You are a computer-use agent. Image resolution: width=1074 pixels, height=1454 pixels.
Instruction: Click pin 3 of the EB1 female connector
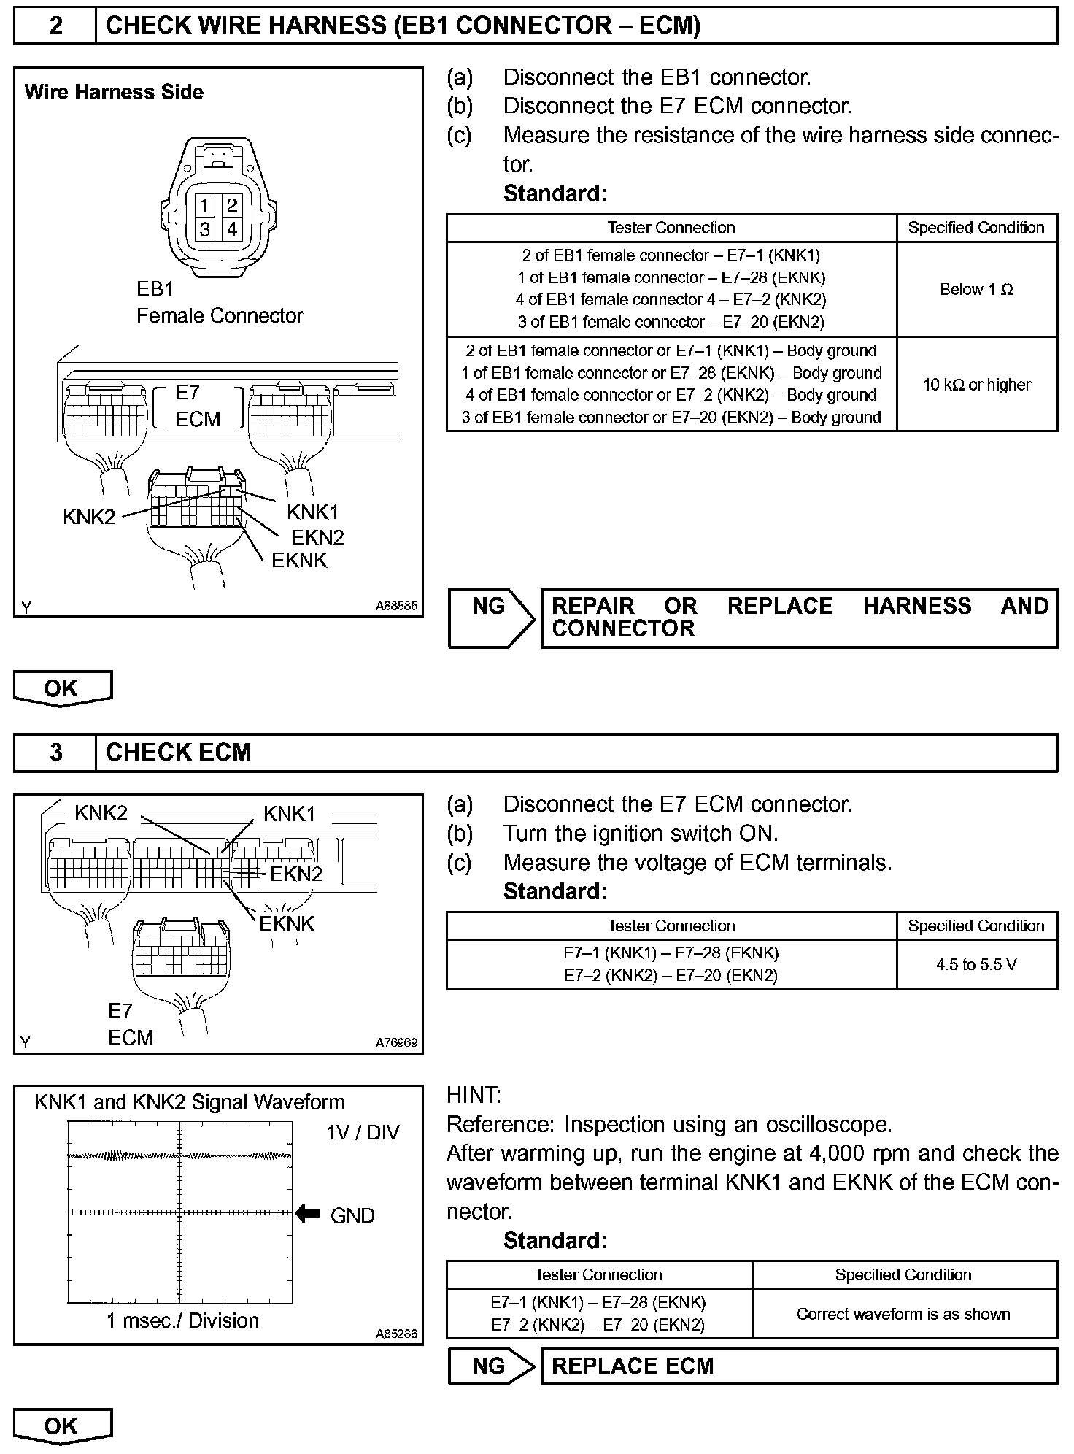[x=205, y=229]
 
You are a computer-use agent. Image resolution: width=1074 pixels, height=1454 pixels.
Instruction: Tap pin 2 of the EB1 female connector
[x=232, y=206]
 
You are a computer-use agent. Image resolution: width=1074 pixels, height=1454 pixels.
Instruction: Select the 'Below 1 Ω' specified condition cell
[x=976, y=289]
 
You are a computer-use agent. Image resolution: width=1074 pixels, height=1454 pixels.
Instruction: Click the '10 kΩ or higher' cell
[x=976, y=385]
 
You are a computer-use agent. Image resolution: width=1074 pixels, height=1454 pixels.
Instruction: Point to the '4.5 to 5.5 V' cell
[x=976, y=964]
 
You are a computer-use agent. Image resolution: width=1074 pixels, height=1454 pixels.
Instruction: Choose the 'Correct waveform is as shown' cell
[x=903, y=1314]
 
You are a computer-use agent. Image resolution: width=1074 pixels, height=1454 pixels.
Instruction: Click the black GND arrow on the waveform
[x=308, y=1214]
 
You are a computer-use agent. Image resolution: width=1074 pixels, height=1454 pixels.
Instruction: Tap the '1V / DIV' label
[x=363, y=1133]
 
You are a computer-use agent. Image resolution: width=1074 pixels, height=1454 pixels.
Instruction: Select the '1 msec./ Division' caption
[x=182, y=1320]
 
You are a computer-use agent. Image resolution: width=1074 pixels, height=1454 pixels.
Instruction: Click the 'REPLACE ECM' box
[x=798, y=1366]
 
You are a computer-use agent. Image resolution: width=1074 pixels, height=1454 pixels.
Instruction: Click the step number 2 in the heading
[x=55, y=26]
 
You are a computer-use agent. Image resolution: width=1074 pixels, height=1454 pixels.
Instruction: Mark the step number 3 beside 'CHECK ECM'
[x=55, y=753]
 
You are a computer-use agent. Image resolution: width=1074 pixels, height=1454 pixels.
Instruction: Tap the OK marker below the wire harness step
[x=62, y=688]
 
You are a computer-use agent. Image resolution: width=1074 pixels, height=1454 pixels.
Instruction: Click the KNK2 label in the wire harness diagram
[x=89, y=517]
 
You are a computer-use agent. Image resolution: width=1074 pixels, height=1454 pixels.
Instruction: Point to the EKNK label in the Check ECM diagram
[x=287, y=923]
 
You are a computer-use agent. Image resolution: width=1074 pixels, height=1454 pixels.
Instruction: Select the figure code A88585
[x=396, y=606]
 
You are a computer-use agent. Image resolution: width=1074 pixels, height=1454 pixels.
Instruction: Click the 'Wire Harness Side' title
[x=114, y=92]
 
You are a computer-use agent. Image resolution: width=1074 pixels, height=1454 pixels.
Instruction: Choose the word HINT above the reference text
[x=474, y=1095]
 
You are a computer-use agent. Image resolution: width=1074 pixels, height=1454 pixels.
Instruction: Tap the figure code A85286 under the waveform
[x=396, y=1334]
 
